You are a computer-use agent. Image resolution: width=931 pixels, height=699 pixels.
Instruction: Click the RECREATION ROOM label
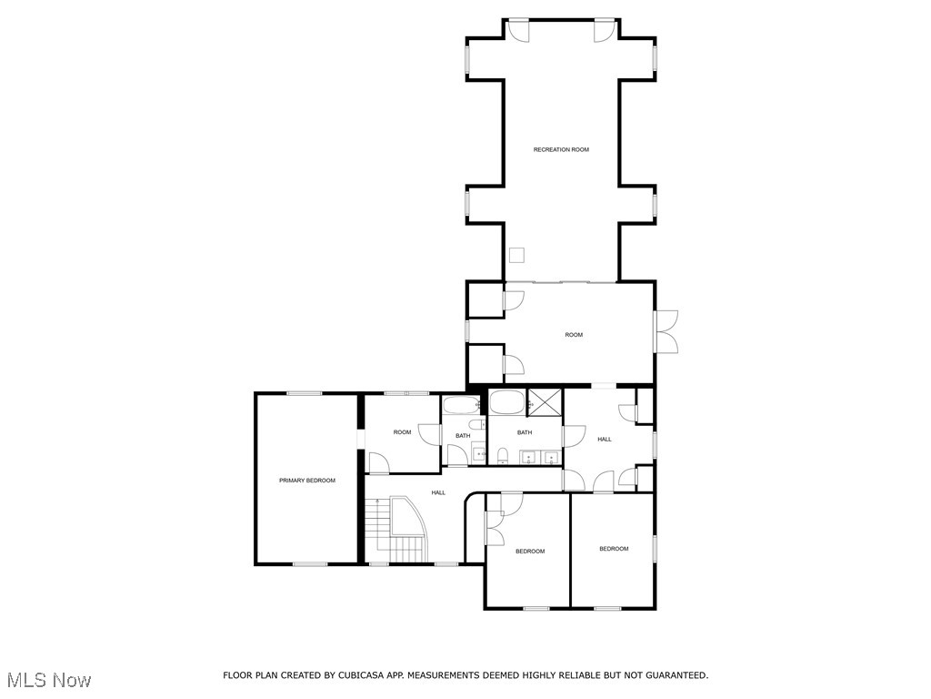point(561,149)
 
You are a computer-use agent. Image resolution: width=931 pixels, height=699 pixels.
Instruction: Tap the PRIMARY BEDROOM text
point(306,480)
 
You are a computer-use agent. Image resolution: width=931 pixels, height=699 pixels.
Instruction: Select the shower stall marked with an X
point(546,401)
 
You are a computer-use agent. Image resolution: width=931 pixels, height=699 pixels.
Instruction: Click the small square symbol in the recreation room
point(517,255)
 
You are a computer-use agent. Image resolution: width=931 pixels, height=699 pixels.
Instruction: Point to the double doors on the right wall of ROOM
point(666,331)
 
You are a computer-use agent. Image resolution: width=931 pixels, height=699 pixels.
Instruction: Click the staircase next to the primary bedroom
point(397,531)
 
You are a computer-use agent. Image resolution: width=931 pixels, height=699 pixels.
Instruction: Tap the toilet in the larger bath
point(503,453)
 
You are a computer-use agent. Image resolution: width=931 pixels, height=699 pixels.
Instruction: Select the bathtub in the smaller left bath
point(460,405)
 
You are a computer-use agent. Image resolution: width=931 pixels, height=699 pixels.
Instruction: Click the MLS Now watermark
point(48,680)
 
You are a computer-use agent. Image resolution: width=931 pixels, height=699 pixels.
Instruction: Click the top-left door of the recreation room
point(517,29)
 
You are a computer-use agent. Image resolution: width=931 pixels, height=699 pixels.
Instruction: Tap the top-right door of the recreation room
point(605,29)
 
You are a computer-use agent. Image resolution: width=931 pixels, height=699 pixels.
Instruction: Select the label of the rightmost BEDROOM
point(614,548)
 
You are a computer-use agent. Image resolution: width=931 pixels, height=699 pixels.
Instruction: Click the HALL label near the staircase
point(438,492)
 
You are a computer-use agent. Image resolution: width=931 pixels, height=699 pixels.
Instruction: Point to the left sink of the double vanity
point(526,455)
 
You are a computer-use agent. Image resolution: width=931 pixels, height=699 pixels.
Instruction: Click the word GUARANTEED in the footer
point(674,675)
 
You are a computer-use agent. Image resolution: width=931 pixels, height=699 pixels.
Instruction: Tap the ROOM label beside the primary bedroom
point(402,432)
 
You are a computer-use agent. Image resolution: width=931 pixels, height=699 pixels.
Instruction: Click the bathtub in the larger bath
point(506,401)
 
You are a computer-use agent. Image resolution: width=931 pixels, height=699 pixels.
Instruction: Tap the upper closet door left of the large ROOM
point(512,299)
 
